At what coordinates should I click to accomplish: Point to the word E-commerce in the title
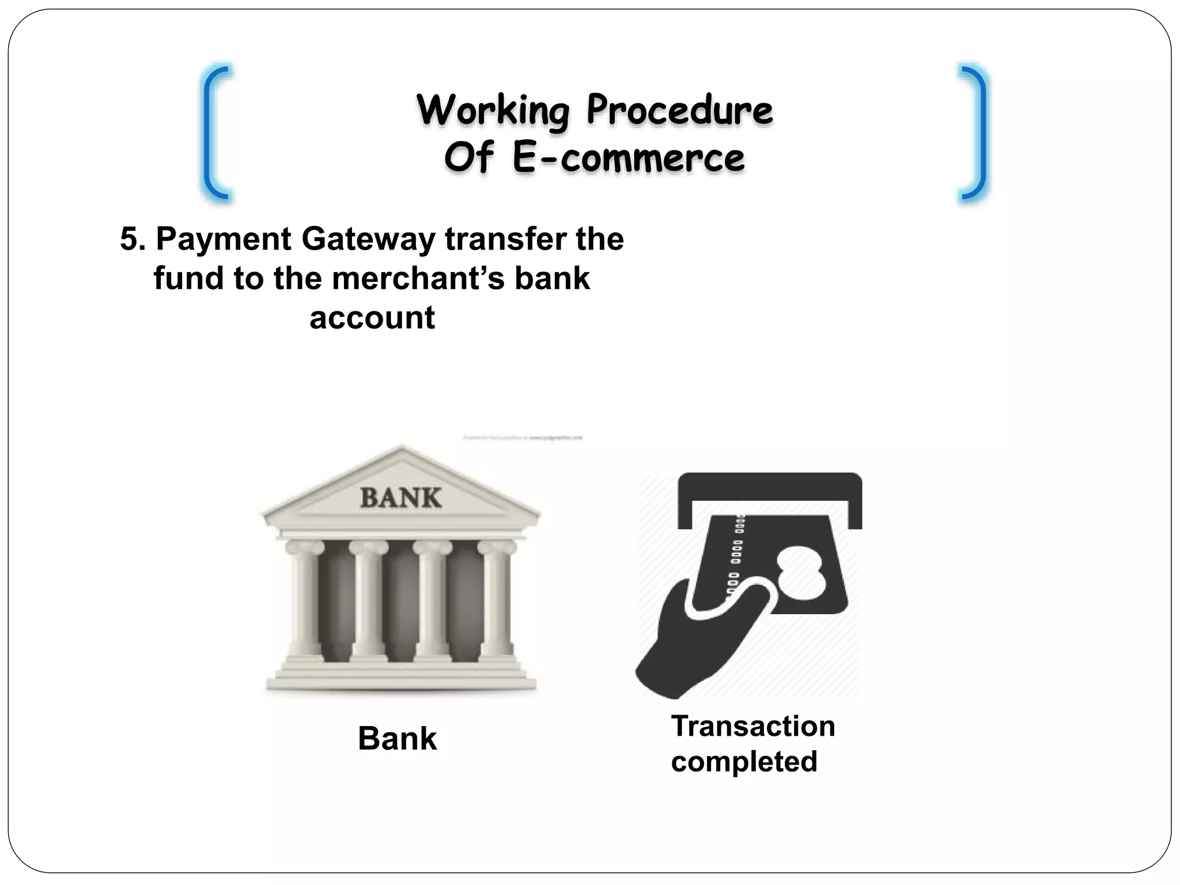[629, 158]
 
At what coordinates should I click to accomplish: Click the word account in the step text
[372, 318]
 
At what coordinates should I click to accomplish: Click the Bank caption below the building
[398, 739]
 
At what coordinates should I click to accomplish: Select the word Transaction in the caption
[753, 726]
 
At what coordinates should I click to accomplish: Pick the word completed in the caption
[744, 762]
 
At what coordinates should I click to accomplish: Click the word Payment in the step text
[224, 240]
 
